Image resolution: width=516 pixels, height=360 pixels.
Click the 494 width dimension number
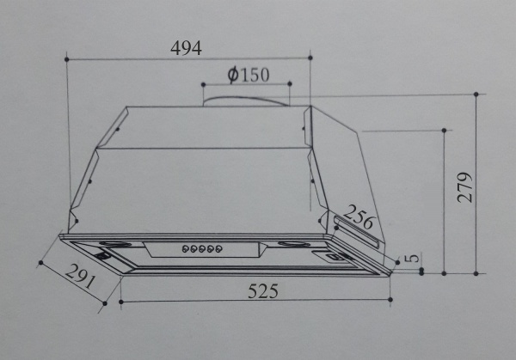click(x=186, y=48)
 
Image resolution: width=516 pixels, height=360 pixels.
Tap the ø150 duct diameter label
click(x=249, y=75)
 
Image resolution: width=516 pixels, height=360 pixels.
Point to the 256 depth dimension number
click(x=360, y=222)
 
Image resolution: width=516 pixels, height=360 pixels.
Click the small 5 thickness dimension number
click(x=413, y=257)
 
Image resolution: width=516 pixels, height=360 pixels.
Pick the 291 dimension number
click(x=80, y=277)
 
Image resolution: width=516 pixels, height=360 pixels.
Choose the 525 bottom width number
click(x=263, y=291)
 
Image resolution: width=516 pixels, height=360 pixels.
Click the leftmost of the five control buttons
click(x=183, y=249)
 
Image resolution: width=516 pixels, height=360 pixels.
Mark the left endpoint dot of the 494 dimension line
click(x=67, y=58)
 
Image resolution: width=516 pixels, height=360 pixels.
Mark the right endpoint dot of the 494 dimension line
click(x=311, y=58)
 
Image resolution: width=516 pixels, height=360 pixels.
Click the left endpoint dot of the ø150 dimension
click(x=203, y=84)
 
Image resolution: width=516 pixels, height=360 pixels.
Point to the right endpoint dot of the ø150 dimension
click(x=290, y=84)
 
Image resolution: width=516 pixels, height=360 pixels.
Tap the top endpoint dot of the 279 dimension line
click(x=477, y=92)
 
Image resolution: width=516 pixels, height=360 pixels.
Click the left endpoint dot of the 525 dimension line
click(x=120, y=302)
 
